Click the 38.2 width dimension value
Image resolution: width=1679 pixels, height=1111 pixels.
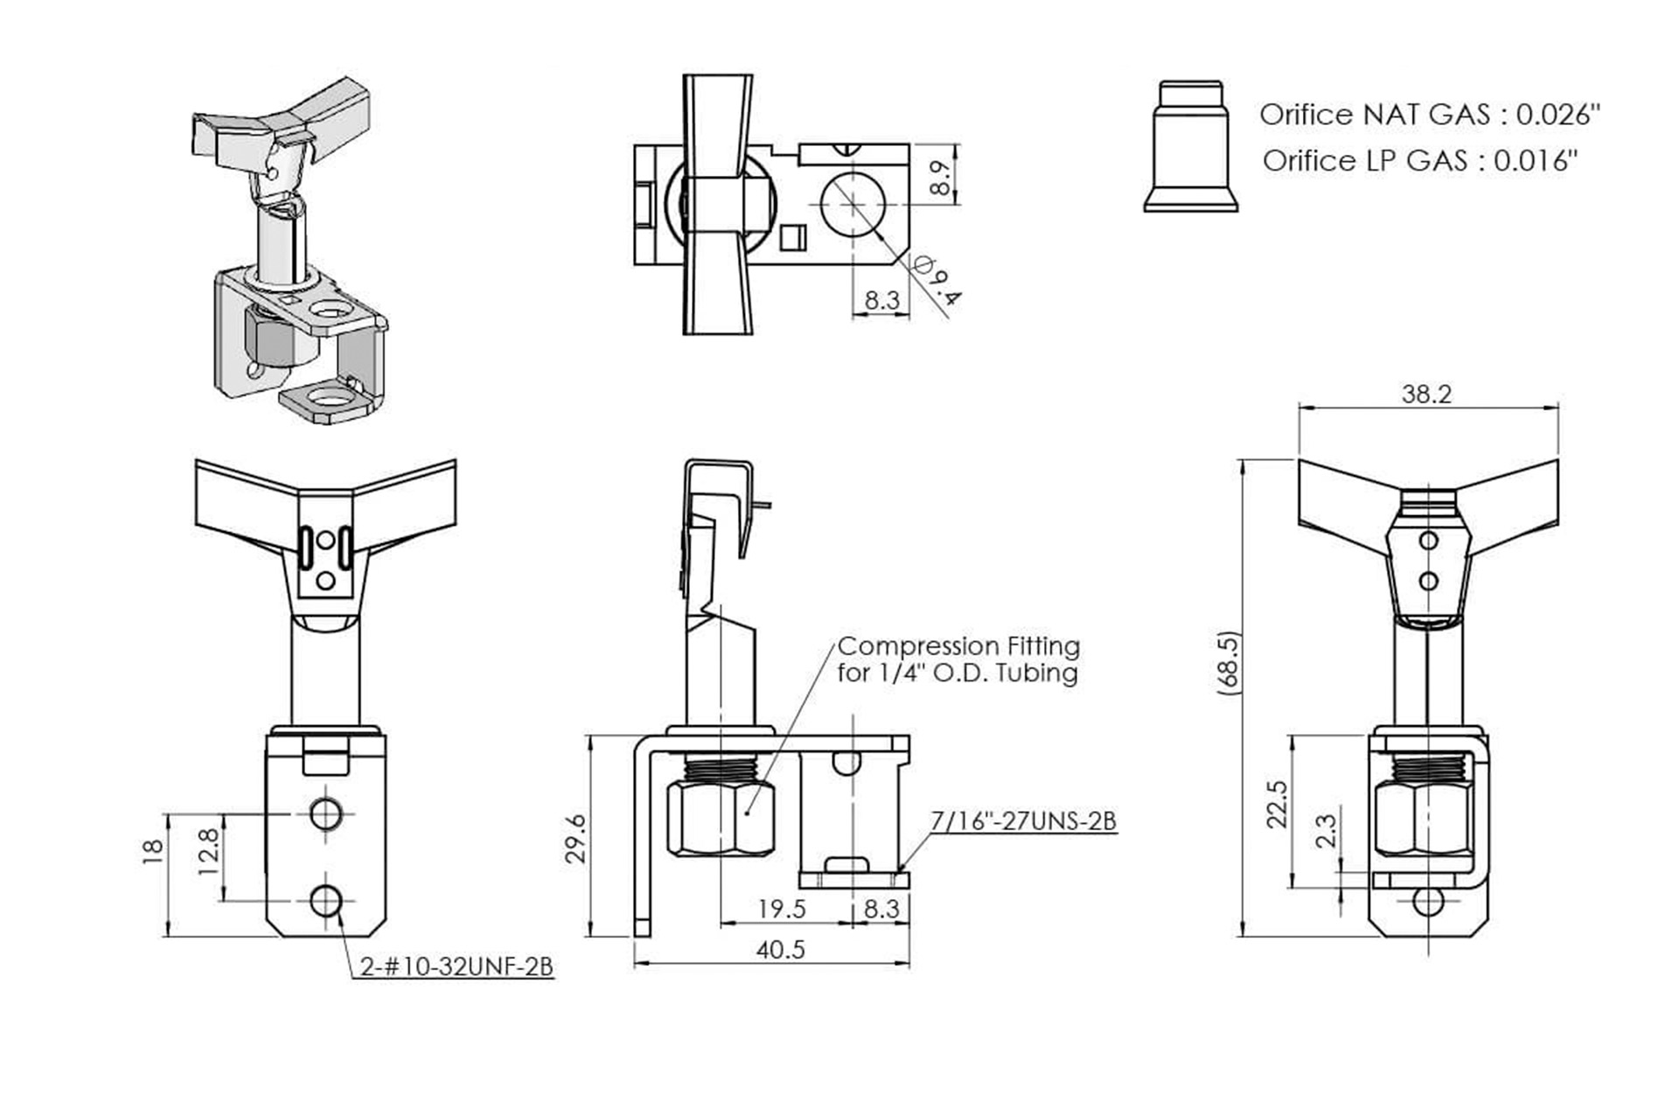click(x=1426, y=395)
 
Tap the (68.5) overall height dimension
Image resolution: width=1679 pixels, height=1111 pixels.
click(x=1230, y=663)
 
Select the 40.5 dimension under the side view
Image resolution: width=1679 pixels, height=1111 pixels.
click(x=780, y=950)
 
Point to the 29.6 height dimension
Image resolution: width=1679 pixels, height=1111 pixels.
click(x=575, y=838)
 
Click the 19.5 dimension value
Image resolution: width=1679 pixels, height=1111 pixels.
click(x=781, y=909)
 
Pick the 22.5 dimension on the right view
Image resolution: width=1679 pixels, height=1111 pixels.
click(x=1278, y=804)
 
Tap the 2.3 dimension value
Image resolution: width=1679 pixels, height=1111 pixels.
click(x=1327, y=831)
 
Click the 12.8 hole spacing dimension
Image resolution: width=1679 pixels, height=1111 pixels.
click(x=208, y=853)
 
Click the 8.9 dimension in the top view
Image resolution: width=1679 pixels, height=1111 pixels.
click(x=941, y=178)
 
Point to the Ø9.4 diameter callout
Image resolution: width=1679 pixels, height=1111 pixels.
click(x=937, y=279)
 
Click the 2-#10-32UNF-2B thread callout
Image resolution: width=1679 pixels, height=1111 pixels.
click(x=456, y=967)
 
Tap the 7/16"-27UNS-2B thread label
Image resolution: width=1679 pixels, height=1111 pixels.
click(x=1022, y=821)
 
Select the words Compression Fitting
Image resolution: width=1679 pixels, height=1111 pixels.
click(x=958, y=646)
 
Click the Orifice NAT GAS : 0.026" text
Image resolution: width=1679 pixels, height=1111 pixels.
click(x=1429, y=115)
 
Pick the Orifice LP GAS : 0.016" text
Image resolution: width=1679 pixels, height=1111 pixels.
click(x=1420, y=161)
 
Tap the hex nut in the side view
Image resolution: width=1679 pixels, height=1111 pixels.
click(x=721, y=819)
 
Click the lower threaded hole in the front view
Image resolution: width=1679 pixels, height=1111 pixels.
click(x=326, y=900)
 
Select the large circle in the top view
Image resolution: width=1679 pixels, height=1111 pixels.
click(x=853, y=204)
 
